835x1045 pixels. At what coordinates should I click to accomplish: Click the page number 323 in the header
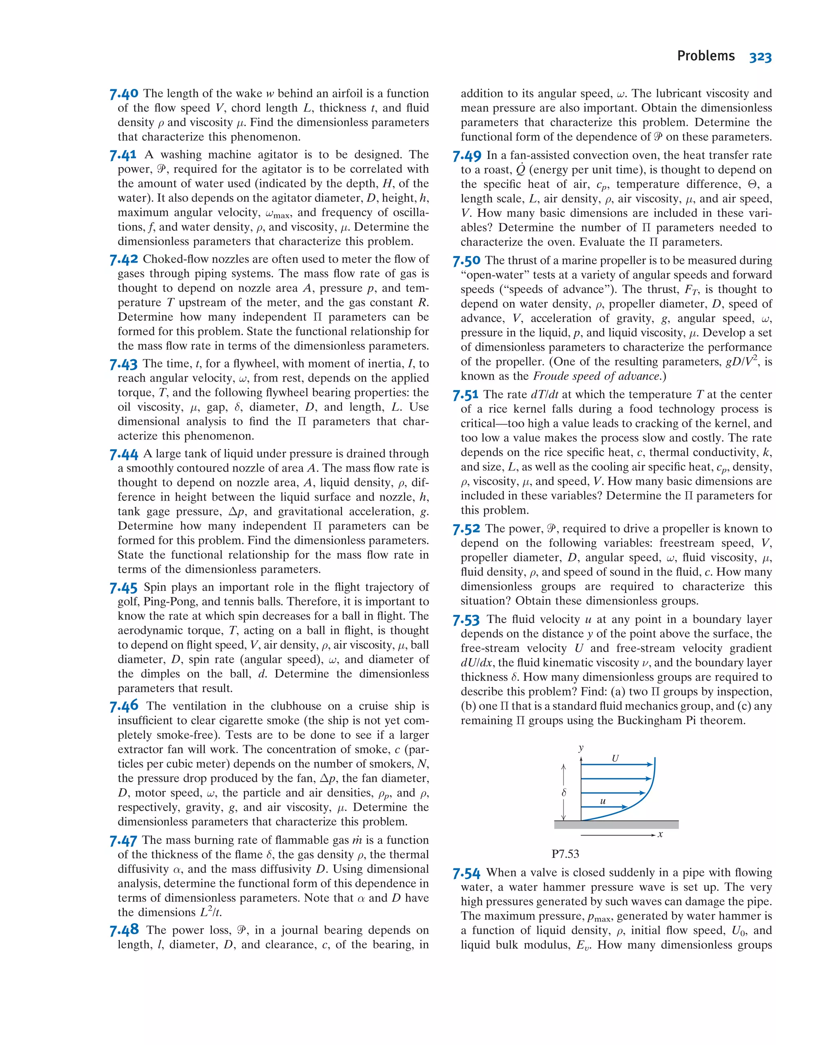pos(760,57)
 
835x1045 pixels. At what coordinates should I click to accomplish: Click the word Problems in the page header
pos(706,56)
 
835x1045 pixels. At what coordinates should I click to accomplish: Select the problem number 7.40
pos(124,93)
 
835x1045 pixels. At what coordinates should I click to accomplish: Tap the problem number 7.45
pos(124,588)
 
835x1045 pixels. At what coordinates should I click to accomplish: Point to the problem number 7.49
pos(467,156)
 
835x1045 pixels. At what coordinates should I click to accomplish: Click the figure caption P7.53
pos(565,853)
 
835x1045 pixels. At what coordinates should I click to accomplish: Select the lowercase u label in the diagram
pos(603,801)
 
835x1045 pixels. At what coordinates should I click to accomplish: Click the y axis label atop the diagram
pos(581,748)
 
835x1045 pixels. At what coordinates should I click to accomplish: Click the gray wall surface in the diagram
pos(616,824)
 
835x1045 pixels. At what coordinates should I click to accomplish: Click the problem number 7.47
pos(123,840)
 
